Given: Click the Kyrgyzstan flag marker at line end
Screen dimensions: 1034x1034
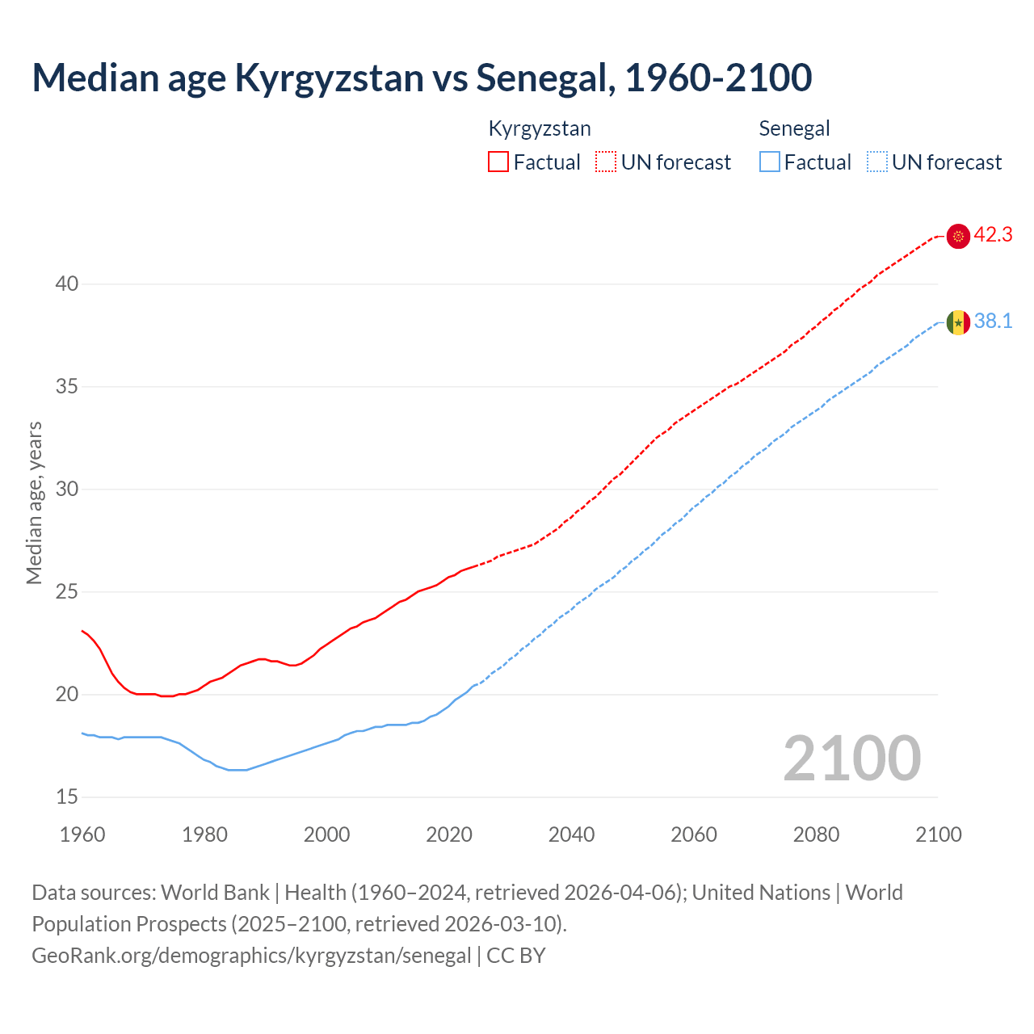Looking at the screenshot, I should click(x=958, y=236).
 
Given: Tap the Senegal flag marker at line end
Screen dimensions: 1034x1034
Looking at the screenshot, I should click(x=958, y=322).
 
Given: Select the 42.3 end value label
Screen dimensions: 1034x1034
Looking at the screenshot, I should click(x=993, y=235).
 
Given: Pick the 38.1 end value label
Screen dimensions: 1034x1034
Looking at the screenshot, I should click(x=993, y=322).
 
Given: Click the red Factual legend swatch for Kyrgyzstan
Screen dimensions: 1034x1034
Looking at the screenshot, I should click(x=498, y=162).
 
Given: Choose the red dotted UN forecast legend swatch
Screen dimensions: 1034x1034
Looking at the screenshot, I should click(x=606, y=162).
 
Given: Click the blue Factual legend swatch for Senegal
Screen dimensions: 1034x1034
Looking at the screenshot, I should click(x=770, y=162).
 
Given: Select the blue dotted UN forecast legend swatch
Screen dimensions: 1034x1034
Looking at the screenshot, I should click(x=876, y=162).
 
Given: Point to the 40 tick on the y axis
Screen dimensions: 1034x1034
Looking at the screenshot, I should click(x=67, y=284).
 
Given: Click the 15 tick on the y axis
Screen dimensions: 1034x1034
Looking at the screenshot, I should click(x=67, y=797).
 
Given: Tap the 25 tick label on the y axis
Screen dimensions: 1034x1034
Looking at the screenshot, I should click(x=67, y=592).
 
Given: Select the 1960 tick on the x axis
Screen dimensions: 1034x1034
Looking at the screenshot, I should click(x=82, y=834).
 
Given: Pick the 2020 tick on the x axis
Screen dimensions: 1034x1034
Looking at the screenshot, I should click(x=449, y=834).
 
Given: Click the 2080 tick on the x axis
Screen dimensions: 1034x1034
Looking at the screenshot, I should click(x=816, y=834).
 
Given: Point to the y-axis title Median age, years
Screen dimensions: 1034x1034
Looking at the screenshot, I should click(x=34, y=502).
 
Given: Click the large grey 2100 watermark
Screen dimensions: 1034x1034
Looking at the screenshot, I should click(x=851, y=759).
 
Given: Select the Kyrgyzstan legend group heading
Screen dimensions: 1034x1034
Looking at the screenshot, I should click(x=540, y=128).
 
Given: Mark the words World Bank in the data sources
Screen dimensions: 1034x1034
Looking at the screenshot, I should click(x=215, y=893).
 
